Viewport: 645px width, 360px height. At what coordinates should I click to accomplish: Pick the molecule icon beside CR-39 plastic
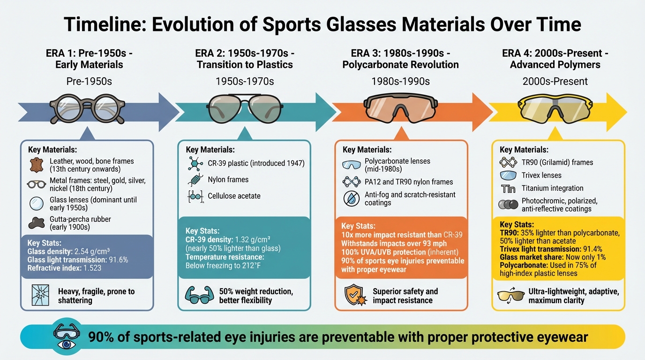coord(194,164)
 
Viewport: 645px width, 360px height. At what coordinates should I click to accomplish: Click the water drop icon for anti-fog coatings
coord(351,199)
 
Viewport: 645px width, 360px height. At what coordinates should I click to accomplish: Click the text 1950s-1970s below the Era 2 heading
coord(245,81)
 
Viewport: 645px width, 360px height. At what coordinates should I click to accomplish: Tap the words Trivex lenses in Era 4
coord(541,175)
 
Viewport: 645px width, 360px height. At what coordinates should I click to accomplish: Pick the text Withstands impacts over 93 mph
coord(394,243)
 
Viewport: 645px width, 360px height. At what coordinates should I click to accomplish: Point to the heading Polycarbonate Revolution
coord(401,65)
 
